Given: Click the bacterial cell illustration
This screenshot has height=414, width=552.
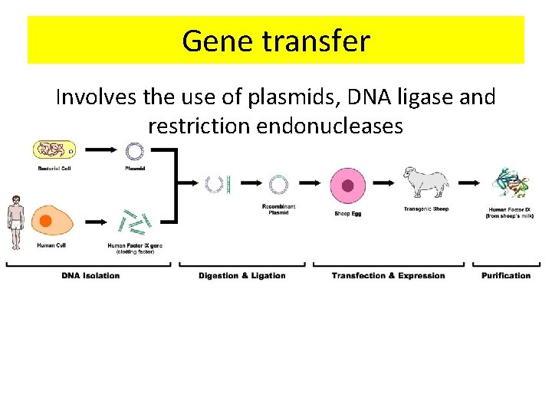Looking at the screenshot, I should coord(54,150).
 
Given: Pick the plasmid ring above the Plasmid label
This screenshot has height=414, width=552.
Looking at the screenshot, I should coord(135,150).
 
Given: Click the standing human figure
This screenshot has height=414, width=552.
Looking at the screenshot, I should coord(15,222).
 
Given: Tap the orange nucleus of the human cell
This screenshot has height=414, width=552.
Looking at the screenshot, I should coord(46,222).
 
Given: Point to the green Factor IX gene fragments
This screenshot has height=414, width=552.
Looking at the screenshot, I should coord(135,222).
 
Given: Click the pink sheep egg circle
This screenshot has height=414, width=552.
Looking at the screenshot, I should coord(347,186).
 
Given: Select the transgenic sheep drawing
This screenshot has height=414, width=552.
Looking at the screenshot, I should coord(426,184).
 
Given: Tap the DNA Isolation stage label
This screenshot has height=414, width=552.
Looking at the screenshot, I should coord(90,275).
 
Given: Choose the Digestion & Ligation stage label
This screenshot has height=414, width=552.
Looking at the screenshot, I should coord(242,275).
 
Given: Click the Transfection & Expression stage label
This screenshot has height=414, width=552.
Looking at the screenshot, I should coord(388,275).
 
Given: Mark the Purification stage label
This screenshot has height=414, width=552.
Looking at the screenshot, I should coord(506,275).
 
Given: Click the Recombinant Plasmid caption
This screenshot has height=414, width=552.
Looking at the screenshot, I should coord(278,209).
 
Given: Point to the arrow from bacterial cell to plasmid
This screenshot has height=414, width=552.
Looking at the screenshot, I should coord(97,150).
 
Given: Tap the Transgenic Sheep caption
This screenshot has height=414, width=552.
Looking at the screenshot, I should coord(426,209).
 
